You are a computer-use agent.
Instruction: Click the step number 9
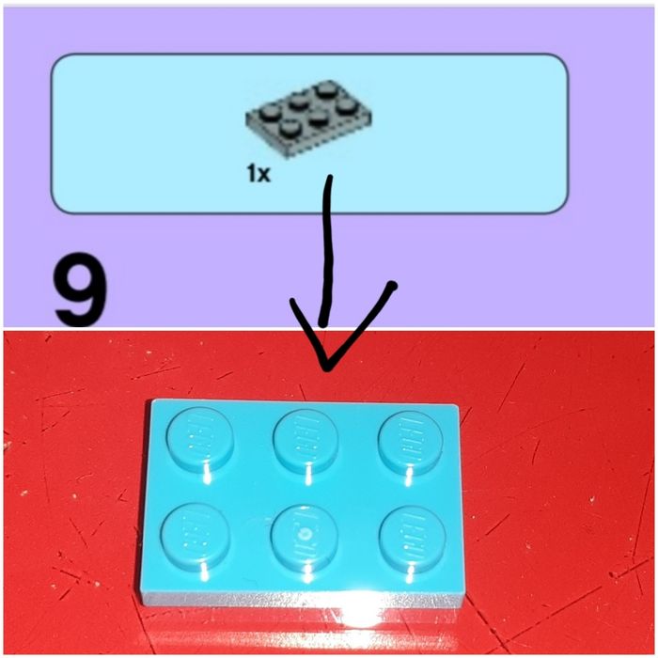[x=81, y=289]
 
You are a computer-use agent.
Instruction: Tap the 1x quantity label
[x=258, y=173]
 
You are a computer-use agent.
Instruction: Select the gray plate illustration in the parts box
[x=308, y=118]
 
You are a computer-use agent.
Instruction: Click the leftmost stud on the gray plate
[x=269, y=113]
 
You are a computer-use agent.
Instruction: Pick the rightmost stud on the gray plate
[x=345, y=106]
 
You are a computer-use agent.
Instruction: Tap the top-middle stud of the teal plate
[x=305, y=439]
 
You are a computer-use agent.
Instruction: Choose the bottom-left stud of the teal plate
[x=196, y=534]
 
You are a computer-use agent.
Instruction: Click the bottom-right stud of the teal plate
[x=413, y=536]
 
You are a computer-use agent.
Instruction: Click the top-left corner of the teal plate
[x=152, y=399]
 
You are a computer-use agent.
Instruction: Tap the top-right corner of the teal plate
[x=458, y=406]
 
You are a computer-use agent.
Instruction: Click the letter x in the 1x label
[x=264, y=175]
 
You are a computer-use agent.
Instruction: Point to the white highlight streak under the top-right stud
[x=410, y=478]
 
